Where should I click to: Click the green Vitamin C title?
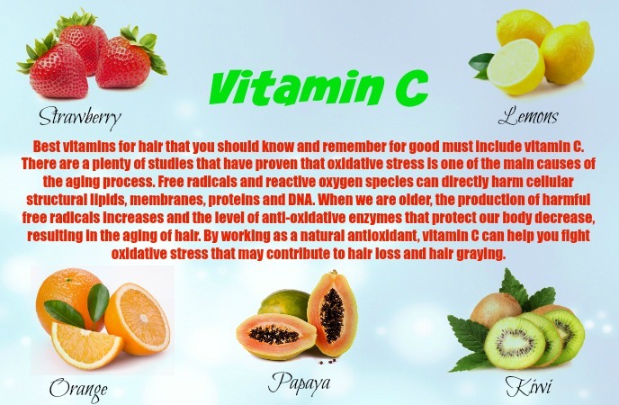(x=318, y=87)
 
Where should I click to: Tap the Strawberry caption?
(x=80, y=117)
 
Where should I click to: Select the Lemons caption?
(x=528, y=115)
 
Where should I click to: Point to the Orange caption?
(x=78, y=390)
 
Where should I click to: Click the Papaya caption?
(x=299, y=382)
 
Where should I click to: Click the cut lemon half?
(x=516, y=67)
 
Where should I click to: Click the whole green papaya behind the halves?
(x=284, y=305)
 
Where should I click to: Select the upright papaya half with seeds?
(x=332, y=314)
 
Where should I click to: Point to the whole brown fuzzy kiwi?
(x=496, y=310)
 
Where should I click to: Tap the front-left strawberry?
(x=58, y=71)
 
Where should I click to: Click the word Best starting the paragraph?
(x=47, y=146)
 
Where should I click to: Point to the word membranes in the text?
(x=166, y=200)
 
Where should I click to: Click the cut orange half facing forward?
(x=137, y=319)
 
